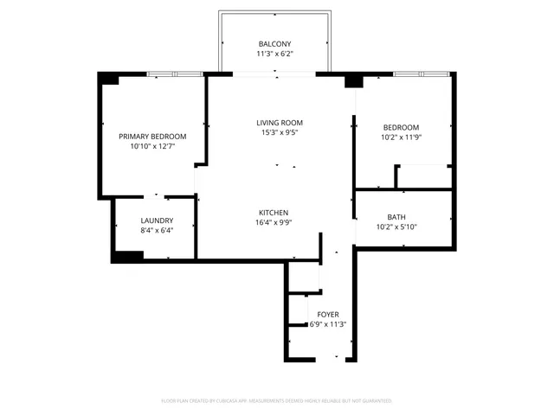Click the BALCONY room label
[275, 44]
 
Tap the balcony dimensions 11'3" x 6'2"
[275, 54]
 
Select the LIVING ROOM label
[280, 123]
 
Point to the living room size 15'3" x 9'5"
[280, 133]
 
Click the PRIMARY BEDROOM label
[152, 137]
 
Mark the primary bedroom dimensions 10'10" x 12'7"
[152, 147]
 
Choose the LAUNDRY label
[157, 220]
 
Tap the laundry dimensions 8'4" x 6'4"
[157, 231]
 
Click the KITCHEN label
[274, 213]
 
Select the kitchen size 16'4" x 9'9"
[274, 223]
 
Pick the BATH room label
[396, 217]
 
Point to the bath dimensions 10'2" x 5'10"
[396, 227]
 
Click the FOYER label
[328, 314]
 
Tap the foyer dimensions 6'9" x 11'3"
[328, 324]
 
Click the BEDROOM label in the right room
[402, 127]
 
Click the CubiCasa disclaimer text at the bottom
[277, 400]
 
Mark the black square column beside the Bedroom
[352, 81]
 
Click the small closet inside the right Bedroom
[423, 176]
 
